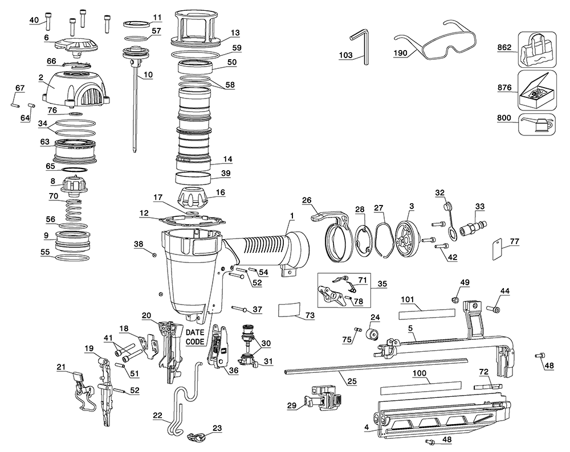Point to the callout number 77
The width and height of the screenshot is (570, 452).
point(514,241)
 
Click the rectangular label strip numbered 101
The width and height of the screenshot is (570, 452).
point(427,313)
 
